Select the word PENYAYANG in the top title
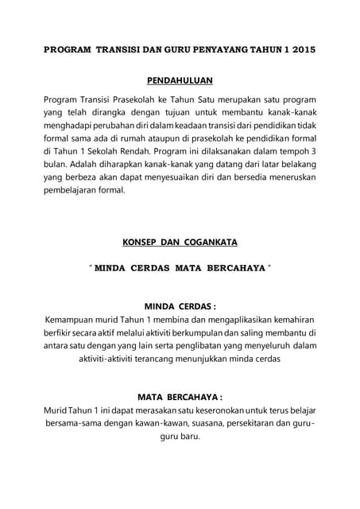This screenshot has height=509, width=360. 222,49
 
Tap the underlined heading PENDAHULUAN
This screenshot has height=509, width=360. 180,80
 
